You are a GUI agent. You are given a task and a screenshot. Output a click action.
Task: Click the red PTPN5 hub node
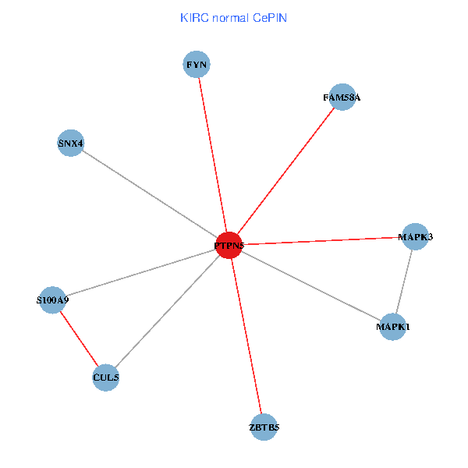tap(229, 245)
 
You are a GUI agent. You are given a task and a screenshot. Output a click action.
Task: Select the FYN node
tap(197, 64)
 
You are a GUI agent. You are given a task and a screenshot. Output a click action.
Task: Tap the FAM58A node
tap(342, 97)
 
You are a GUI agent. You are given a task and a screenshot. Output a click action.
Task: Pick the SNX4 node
tap(70, 143)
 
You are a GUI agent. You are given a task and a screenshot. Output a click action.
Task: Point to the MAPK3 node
tap(415, 236)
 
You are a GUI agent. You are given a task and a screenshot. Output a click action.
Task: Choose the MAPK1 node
tap(392, 326)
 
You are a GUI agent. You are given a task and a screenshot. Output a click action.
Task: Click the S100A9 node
tap(52, 300)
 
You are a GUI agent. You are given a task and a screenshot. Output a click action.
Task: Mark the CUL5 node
tap(105, 378)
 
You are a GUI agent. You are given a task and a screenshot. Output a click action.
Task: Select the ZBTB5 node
tap(264, 427)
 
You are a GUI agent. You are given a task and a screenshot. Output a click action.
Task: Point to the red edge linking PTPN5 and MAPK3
tap(321, 241)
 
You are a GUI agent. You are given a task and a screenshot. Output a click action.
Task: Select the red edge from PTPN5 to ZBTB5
tap(246, 335)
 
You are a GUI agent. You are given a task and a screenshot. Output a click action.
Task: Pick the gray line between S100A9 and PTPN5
tap(140, 272)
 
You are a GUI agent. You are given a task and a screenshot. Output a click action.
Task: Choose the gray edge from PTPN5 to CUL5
tap(167, 311)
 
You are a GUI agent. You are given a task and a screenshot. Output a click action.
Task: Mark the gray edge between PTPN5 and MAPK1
tap(310, 285)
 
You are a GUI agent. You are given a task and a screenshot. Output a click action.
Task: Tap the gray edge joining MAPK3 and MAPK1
tap(404, 281)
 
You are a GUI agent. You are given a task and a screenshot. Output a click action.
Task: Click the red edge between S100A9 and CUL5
tap(79, 339)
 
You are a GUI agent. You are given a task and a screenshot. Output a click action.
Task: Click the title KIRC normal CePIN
tap(233, 17)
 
